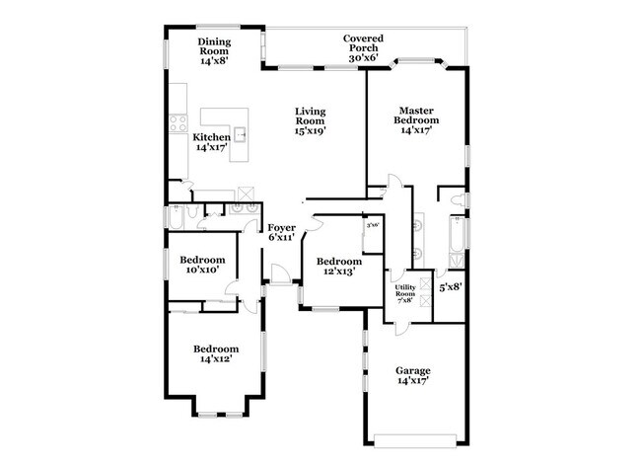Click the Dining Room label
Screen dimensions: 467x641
(213, 50)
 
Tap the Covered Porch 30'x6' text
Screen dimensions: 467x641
(363, 48)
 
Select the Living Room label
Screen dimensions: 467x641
(310, 120)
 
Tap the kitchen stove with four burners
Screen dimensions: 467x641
(178, 124)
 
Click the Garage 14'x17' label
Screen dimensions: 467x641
(413, 376)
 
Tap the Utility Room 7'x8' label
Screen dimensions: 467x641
(405, 293)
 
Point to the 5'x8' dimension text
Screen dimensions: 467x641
(450, 287)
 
